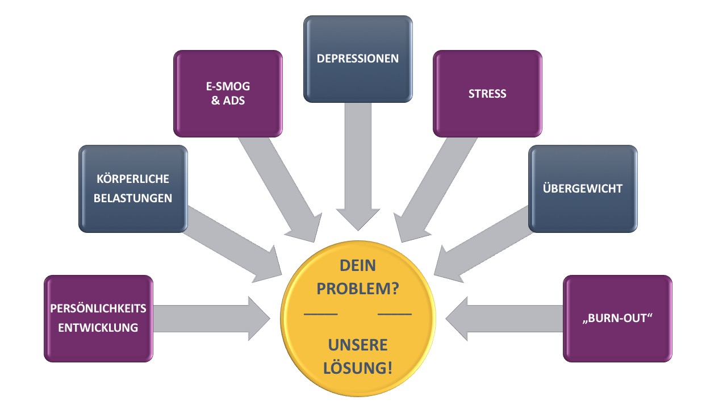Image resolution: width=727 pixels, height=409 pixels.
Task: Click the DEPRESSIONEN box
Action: point(358,59)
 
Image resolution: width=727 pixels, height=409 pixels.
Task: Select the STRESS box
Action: point(487,94)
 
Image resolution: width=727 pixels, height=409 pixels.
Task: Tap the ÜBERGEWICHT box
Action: point(583,189)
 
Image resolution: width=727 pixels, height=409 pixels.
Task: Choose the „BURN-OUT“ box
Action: point(617,319)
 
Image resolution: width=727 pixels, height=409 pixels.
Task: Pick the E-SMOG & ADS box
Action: point(228,94)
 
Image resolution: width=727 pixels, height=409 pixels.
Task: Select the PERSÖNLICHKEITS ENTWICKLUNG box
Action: point(98,319)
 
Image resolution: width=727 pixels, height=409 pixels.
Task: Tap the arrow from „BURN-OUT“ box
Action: point(500,319)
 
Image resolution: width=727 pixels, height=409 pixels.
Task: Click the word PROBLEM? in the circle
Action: point(357,289)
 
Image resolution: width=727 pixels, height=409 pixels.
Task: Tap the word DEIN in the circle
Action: point(357,266)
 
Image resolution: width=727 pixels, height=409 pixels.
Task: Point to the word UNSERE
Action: point(357,345)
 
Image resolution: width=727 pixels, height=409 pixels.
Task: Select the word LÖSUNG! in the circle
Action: point(357,368)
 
